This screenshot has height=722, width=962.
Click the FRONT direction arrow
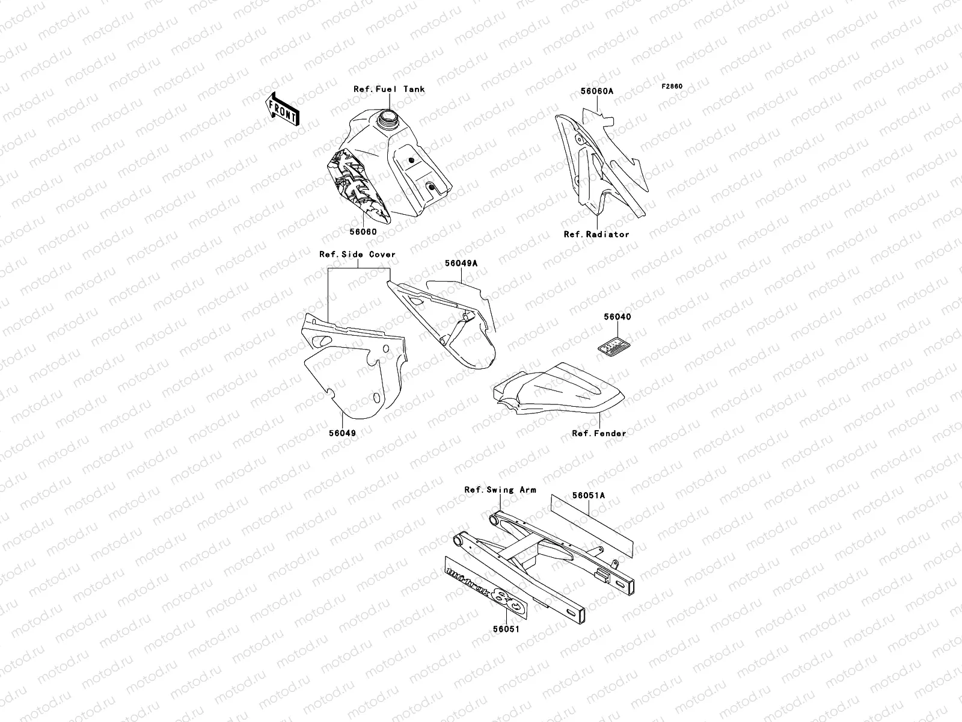[283, 108]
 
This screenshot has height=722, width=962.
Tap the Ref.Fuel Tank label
[389, 89]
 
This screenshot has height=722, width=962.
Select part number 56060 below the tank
[363, 232]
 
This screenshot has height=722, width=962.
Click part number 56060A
[596, 91]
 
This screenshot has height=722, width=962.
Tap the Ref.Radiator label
[596, 234]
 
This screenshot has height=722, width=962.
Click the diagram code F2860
[672, 86]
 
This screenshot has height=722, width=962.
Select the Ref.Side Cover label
[357, 255]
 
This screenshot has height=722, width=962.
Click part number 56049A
[461, 263]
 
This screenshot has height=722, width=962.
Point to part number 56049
[342, 433]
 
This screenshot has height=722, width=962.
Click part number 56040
[617, 316]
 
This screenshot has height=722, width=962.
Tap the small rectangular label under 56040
[614, 347]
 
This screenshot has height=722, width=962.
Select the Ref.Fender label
[599, 433]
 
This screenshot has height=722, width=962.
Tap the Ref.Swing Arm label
[500, 490]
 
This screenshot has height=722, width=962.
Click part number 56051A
[589, 496]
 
